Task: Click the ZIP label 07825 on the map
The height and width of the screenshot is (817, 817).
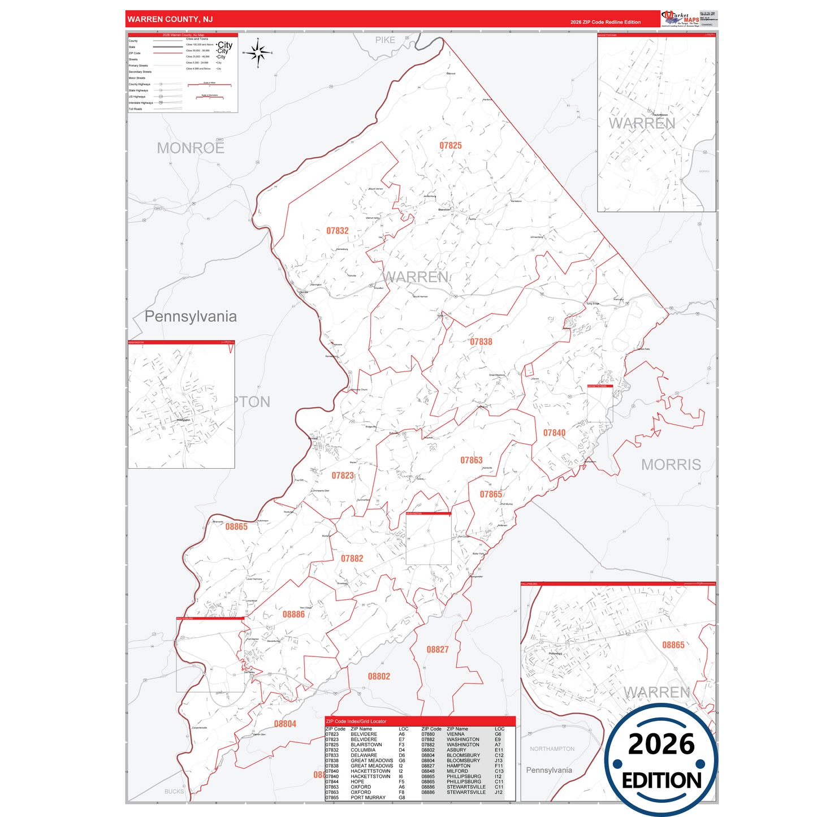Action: point(451,145)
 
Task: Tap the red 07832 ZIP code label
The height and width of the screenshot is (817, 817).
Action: point(338,231)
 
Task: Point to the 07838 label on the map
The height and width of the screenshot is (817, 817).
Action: point(481,342)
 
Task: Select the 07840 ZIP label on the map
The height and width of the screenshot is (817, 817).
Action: point(554,433)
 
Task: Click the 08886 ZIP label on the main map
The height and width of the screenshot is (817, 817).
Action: point(293,614)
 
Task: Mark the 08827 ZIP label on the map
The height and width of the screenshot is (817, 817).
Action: point(438,650)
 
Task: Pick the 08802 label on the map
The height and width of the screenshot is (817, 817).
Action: point(379,676)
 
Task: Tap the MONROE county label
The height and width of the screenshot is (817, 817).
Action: point(191,148)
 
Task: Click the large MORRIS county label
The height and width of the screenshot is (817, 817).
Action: point(671,465)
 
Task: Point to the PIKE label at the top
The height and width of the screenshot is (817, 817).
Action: point(385,40)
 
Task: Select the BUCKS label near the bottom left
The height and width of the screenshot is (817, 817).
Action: point(174,792)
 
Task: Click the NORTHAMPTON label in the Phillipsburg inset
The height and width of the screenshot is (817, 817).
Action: point(552,749)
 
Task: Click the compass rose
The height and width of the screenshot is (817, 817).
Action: point(258,53)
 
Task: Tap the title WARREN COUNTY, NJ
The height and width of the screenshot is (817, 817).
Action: point(170,19)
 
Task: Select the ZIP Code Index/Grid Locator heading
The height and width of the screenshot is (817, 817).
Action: point(356,721)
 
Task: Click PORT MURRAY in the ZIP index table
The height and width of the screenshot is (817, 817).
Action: point(368,798)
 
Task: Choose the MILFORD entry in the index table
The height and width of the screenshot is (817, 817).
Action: point(457,771)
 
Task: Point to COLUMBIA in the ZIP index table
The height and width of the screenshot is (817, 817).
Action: point(363,750)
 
